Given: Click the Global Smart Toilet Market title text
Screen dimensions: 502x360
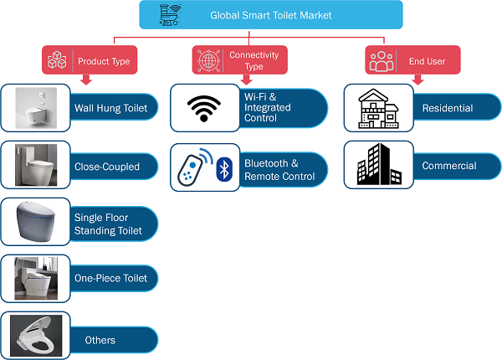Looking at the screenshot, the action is [271, 15].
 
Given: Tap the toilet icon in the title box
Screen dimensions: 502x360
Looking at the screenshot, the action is [171, 15].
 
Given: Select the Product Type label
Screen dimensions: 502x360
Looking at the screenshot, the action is [104, 61].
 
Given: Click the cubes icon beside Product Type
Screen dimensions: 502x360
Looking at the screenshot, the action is [57, 59].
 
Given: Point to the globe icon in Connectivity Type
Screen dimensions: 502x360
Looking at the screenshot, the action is [208, 60].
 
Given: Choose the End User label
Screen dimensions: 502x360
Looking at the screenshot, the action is [427, 61].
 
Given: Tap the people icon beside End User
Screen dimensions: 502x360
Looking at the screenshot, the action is [382, 61].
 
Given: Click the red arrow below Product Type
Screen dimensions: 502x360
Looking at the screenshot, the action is [86, 80].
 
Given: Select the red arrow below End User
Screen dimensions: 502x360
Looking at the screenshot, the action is [417, 80].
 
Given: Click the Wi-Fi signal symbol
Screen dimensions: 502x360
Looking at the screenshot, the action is [204, 108].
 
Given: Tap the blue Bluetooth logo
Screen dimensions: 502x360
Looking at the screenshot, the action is [224, 169].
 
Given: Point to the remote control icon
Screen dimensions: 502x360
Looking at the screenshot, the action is [191, 168].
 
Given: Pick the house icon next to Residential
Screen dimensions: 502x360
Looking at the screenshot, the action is [378, 109].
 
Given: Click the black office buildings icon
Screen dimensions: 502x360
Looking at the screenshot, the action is [379, 164].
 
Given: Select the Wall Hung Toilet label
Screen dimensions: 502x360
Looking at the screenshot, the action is [110, 108].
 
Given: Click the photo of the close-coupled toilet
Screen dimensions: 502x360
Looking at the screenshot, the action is [36, 165].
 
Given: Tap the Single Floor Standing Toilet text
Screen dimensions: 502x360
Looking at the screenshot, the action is [108, 224].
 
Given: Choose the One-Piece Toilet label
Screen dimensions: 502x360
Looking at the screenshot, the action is [110, 278].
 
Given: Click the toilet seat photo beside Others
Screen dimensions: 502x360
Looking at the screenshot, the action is [36, 336].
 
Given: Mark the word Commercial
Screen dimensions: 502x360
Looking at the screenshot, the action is [449, 166].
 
